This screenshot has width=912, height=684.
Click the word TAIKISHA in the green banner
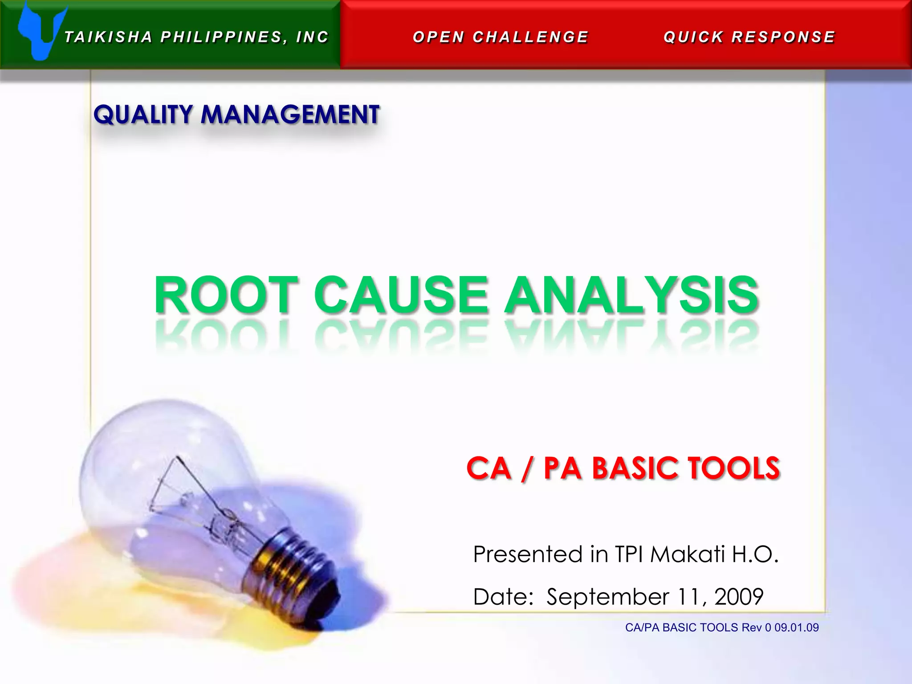click(108, 37)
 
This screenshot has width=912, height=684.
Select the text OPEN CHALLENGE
click(501, 37)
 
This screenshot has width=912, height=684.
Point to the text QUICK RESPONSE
click(749, 37)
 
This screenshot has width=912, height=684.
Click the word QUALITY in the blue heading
click(142, 114)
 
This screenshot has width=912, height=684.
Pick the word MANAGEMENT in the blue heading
click(290, 114)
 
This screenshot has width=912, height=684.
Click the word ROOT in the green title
click(226, 295)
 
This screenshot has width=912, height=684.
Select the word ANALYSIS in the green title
click(631, 295)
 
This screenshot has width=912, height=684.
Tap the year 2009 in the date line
click(739, 597)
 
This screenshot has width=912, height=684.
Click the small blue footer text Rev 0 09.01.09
click(780, 627)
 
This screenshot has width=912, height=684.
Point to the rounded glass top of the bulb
click(147, 441)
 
